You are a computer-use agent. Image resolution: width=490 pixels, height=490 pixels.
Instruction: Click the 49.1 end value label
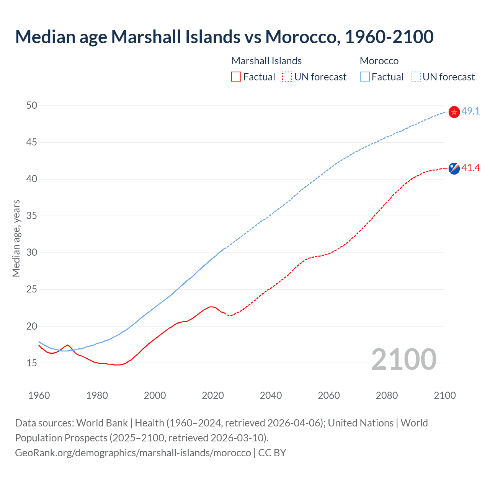click(470, 111)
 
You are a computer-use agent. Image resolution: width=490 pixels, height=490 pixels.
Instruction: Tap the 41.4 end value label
click(470, 168)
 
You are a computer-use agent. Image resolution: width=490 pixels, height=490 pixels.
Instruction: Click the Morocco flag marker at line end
click(454, 112)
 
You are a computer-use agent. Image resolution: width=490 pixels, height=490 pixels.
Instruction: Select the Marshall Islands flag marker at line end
click(454, 168)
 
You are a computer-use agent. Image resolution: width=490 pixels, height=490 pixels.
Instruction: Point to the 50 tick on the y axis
click(32, 105)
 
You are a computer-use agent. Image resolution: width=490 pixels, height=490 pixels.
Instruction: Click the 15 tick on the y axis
click(32, 363)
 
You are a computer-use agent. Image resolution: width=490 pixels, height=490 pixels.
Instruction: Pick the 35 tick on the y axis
click(32, 216)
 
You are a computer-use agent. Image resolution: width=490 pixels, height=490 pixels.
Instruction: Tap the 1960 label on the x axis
click(39, 396)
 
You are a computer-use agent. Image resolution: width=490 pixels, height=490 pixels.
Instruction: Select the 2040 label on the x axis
click(271, 396)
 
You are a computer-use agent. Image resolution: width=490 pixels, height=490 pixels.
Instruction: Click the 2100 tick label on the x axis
click(444, 396)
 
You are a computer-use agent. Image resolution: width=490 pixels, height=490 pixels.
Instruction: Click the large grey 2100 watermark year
click(403, 359)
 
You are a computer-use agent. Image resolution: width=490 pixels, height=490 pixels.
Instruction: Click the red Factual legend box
click(236, 77)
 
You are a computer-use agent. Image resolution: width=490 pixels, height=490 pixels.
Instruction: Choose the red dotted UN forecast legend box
click(287, 77)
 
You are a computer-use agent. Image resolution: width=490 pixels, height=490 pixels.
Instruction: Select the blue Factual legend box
click(365, 77)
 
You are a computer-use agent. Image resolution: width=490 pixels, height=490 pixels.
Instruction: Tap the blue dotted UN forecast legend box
click(415, 77)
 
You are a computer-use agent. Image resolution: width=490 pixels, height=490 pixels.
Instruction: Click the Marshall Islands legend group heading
click(266, 61)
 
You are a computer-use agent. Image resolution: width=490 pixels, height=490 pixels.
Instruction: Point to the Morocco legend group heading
click(379, 61)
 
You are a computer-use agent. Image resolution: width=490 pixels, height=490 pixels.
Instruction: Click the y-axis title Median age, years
click(16, 238)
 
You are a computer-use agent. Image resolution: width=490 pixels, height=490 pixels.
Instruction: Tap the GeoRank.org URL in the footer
click(133, 453)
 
